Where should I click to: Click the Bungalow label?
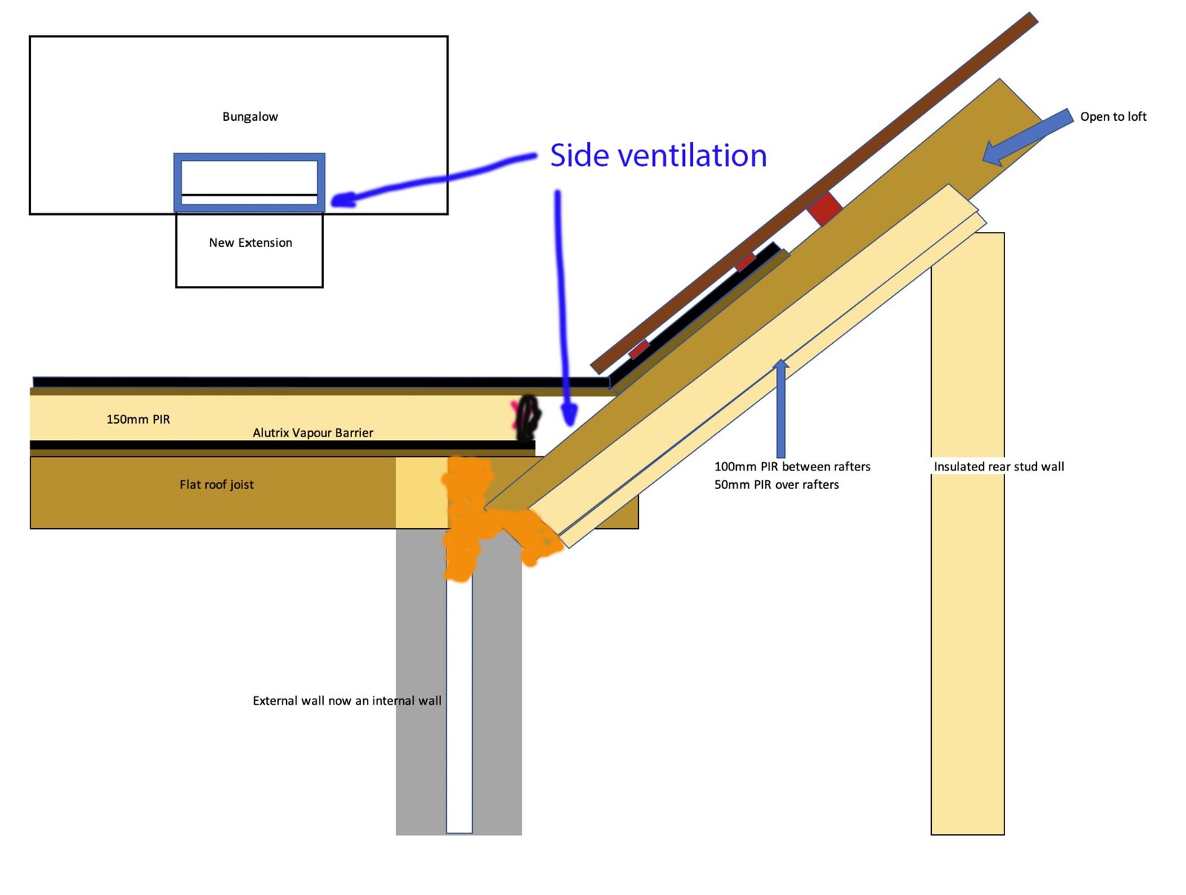(250, 116)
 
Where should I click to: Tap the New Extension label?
(250, 242)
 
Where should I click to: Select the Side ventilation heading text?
(658, 156)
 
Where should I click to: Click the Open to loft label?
(1113, 116)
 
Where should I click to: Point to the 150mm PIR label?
(138, 419)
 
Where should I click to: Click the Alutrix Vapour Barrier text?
(313, 433)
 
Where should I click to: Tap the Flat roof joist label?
(216, 485)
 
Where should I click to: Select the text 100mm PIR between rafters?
(792, 467)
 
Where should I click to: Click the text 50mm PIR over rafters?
(776, 485)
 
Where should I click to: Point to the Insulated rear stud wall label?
(998, 467)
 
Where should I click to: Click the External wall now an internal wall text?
(347, 701)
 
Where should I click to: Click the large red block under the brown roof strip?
(825, 208)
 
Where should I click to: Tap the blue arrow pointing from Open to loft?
(1027, 136)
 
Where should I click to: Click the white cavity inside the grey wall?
(460, 702)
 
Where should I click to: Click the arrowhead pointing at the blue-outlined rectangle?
(343, 200)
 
